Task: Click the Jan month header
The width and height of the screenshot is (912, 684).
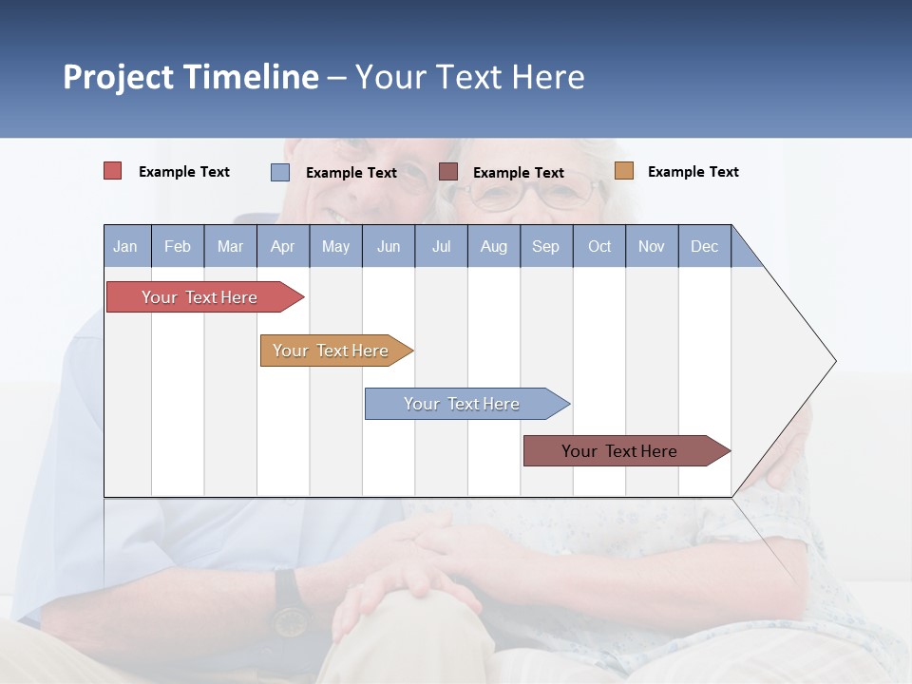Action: click(x=125, y=246)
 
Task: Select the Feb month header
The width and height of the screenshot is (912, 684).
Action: click(x=178, y=246)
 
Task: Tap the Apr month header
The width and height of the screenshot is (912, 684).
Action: click(x=282, y=246)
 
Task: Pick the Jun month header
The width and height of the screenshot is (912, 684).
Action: click(x=389, y=246)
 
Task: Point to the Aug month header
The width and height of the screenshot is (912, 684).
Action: click(x=494, y=246)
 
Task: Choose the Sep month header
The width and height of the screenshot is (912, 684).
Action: click(x=546, y=246)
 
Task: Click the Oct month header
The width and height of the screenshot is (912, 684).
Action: click(x=599, y=246)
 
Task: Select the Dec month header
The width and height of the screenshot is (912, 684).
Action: click(x=705, y=246)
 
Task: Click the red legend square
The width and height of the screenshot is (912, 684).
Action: click(x=113, y=171)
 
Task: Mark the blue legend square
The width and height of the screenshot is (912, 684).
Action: click(x=280, y=172)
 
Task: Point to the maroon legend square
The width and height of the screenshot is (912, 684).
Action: click(x=448, y=171)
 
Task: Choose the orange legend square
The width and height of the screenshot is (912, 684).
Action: click(x=624, y=171)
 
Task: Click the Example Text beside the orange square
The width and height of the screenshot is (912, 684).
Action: click(x=693, y=172)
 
